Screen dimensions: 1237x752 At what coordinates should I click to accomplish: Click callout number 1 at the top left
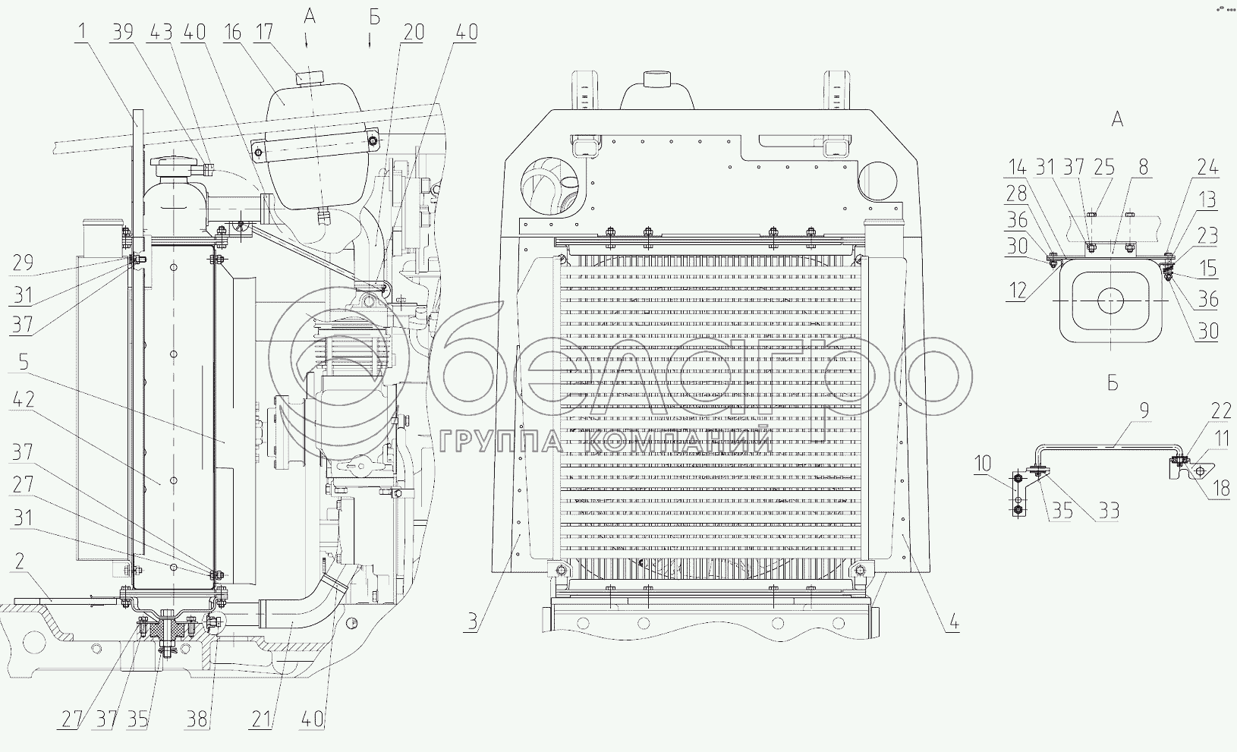click(82, 31)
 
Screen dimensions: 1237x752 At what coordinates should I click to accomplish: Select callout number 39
click(123, 32)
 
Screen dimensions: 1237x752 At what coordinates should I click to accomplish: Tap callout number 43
click(160, 32)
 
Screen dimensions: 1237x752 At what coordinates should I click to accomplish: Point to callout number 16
click(232, 32)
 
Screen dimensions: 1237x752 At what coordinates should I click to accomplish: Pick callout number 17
click(264, 32)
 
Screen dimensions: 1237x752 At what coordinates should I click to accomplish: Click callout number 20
click(414, 32)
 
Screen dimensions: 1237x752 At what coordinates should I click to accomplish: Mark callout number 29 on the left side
click(24, 263)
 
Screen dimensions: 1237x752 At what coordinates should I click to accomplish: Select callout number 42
click(24, 399)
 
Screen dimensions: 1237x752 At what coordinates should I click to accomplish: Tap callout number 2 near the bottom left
click(20, 562)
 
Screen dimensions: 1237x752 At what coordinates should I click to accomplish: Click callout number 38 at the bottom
click(197, 719)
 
